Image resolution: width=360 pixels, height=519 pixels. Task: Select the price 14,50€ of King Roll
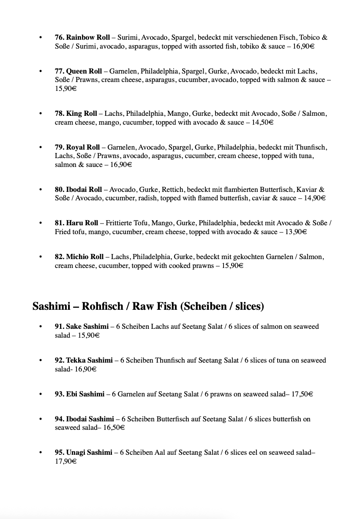click(x=262, y=122)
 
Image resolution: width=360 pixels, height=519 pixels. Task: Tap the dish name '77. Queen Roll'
click(x=78, y=71)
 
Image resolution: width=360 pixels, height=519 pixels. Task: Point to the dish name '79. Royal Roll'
click(x=77, y=147)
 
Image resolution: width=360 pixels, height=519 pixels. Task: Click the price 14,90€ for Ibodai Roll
click(x=315, y=198)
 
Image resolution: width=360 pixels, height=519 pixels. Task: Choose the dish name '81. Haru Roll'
click(x=76, y=223)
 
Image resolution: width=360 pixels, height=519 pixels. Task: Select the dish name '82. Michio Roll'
click(x=79, y=257)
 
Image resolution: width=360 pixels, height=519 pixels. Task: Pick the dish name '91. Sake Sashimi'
click(x=82, y=326)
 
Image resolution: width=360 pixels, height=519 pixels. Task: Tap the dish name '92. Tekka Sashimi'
click(x=84, y=360)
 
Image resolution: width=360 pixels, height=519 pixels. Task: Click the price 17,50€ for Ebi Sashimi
click(x=302, y=394)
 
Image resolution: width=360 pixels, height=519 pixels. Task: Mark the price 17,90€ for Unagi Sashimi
click(x=65, y=462)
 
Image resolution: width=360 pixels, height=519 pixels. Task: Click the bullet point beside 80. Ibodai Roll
click(x=41, y=189)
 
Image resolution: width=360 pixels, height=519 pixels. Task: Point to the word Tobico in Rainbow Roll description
click(x=310, y=37)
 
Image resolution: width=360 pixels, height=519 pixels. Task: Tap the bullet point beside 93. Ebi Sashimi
click(x=41, y=394)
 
